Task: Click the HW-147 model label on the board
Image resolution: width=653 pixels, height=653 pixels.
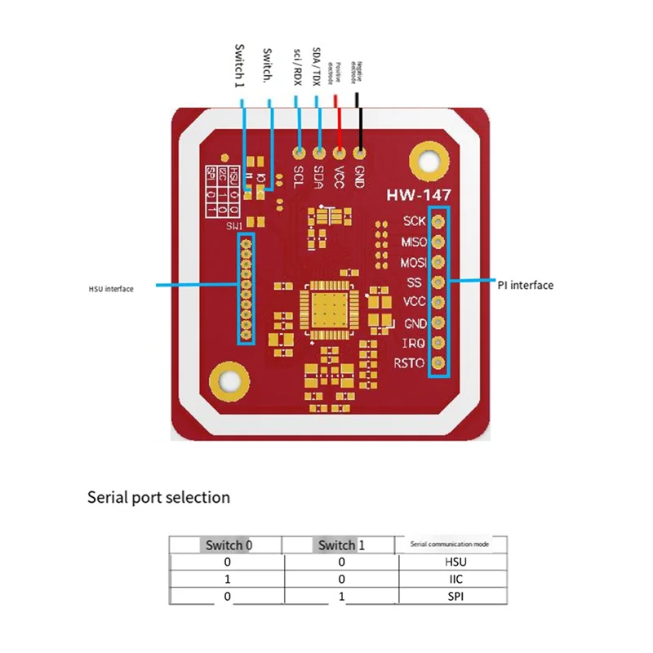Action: pyautogui.click(x=417, y=197)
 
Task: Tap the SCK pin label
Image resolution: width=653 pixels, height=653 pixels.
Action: pyautogui.click(x=414, y=221)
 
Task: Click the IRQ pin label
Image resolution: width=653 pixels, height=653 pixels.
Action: pyautogui.click(x=414, y=344)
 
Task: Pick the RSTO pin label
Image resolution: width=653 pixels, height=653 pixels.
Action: pyautogui.click(x=410, y=363)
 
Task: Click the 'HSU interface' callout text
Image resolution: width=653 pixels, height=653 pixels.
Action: pyautogui.click(x=111, y=288)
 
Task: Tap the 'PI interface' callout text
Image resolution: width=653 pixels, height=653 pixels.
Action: pyautogui.click(x=525, y=285)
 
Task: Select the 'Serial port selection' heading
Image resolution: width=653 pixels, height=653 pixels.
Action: pyautogui.click(x=158, y=497)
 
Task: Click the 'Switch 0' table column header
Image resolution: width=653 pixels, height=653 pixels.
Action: pyautogui.click(x=225, y=544)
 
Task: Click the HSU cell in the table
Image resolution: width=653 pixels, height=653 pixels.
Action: pyautogui.click(x=453, y=562)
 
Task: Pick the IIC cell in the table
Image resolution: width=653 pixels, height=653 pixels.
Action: pyautogui.click(x=453, y=580)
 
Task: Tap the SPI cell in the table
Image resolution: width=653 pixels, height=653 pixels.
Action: pyautogui.click(x=453, y=597)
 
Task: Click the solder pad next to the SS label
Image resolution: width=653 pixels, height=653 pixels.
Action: pyautogui.click(x=438, y=282)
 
